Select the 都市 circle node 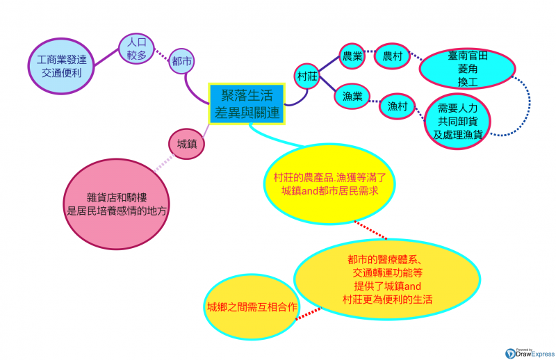[x=181, y=62]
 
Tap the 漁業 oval [x=353, y=96]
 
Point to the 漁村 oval [x=398, y=106]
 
